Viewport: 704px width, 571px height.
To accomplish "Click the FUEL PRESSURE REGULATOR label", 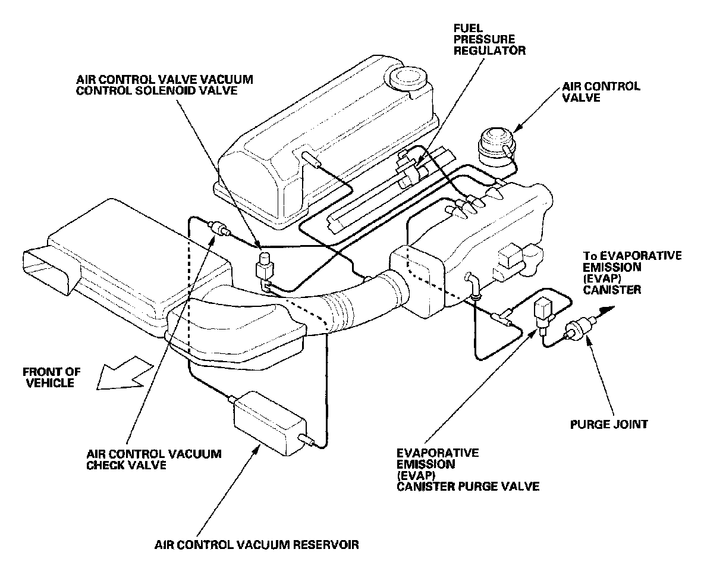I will (x=489, y=39).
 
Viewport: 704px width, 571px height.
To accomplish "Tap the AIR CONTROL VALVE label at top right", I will (x=601, y=92).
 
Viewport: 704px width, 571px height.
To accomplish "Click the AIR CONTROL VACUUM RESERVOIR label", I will (x=257, y=544).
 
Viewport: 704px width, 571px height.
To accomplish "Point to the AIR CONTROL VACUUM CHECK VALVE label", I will (x=154, y=459).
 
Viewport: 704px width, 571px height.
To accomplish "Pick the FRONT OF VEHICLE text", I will (x=52, y=378).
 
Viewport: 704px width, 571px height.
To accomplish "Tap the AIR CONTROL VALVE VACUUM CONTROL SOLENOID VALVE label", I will (x=165, y=85).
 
